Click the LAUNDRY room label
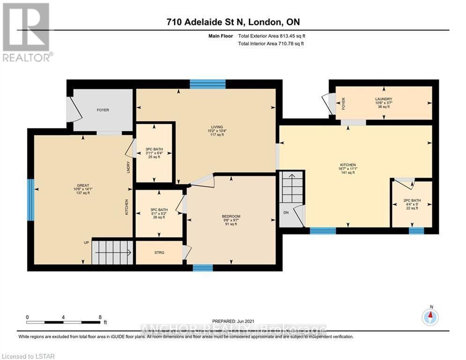(x=384, y=99)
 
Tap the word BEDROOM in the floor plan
(x=231, y=216)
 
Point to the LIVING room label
(x=217, y=127)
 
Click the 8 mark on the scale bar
(x=100, y=317)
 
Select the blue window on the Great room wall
(x=30, y=200)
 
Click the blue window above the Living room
(x=207, y=84)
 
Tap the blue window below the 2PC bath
(x=416, y=230)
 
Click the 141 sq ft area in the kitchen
(x=348, y=172)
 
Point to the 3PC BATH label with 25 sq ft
(x=154, y=153)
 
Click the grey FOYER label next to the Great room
(x=103, y=110)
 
